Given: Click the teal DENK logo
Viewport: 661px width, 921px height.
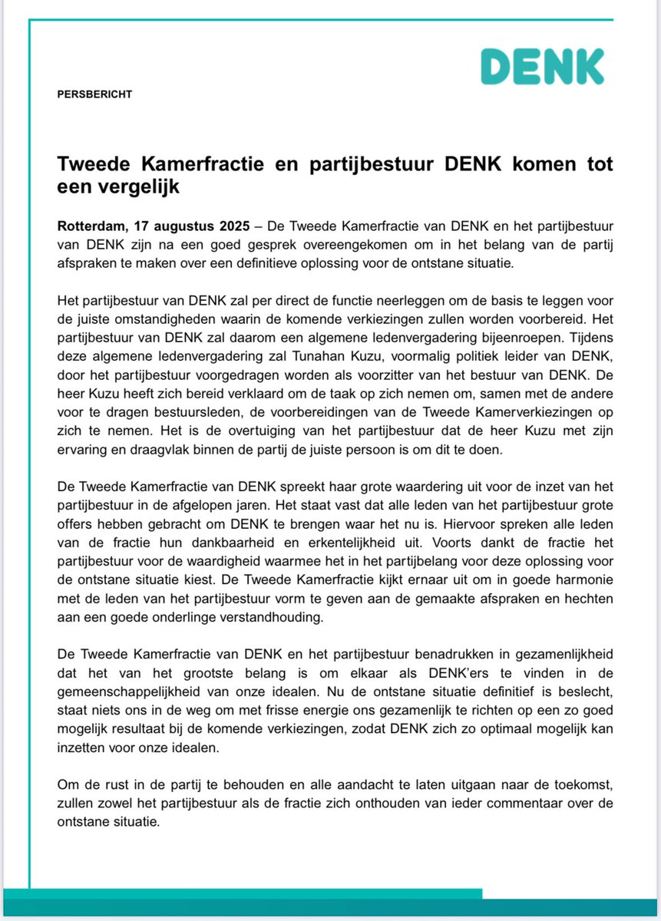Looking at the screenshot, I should tap(542, 67).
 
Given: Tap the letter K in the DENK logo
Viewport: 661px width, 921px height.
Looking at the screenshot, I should tap(589, 67).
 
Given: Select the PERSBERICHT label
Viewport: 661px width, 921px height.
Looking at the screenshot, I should tap(94, 94).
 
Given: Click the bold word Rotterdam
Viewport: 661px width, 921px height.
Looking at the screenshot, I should tap(91, 228).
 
